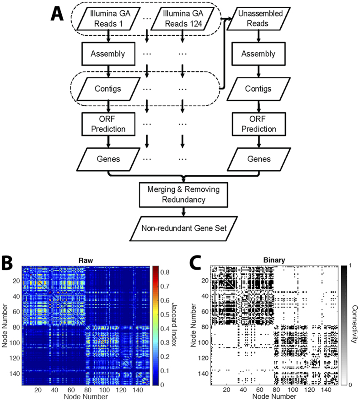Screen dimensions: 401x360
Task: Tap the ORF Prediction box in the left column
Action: [107, 124]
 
